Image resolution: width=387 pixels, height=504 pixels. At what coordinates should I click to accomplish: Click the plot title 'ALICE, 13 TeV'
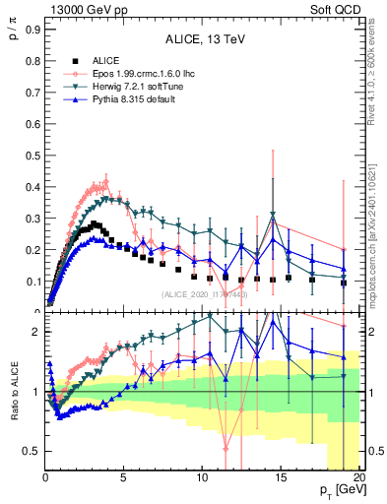[204, 39]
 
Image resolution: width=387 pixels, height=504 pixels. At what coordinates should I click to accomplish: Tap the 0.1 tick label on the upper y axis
[32, 282]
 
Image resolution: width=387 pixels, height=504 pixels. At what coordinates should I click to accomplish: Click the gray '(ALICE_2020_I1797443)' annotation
[205, 294]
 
